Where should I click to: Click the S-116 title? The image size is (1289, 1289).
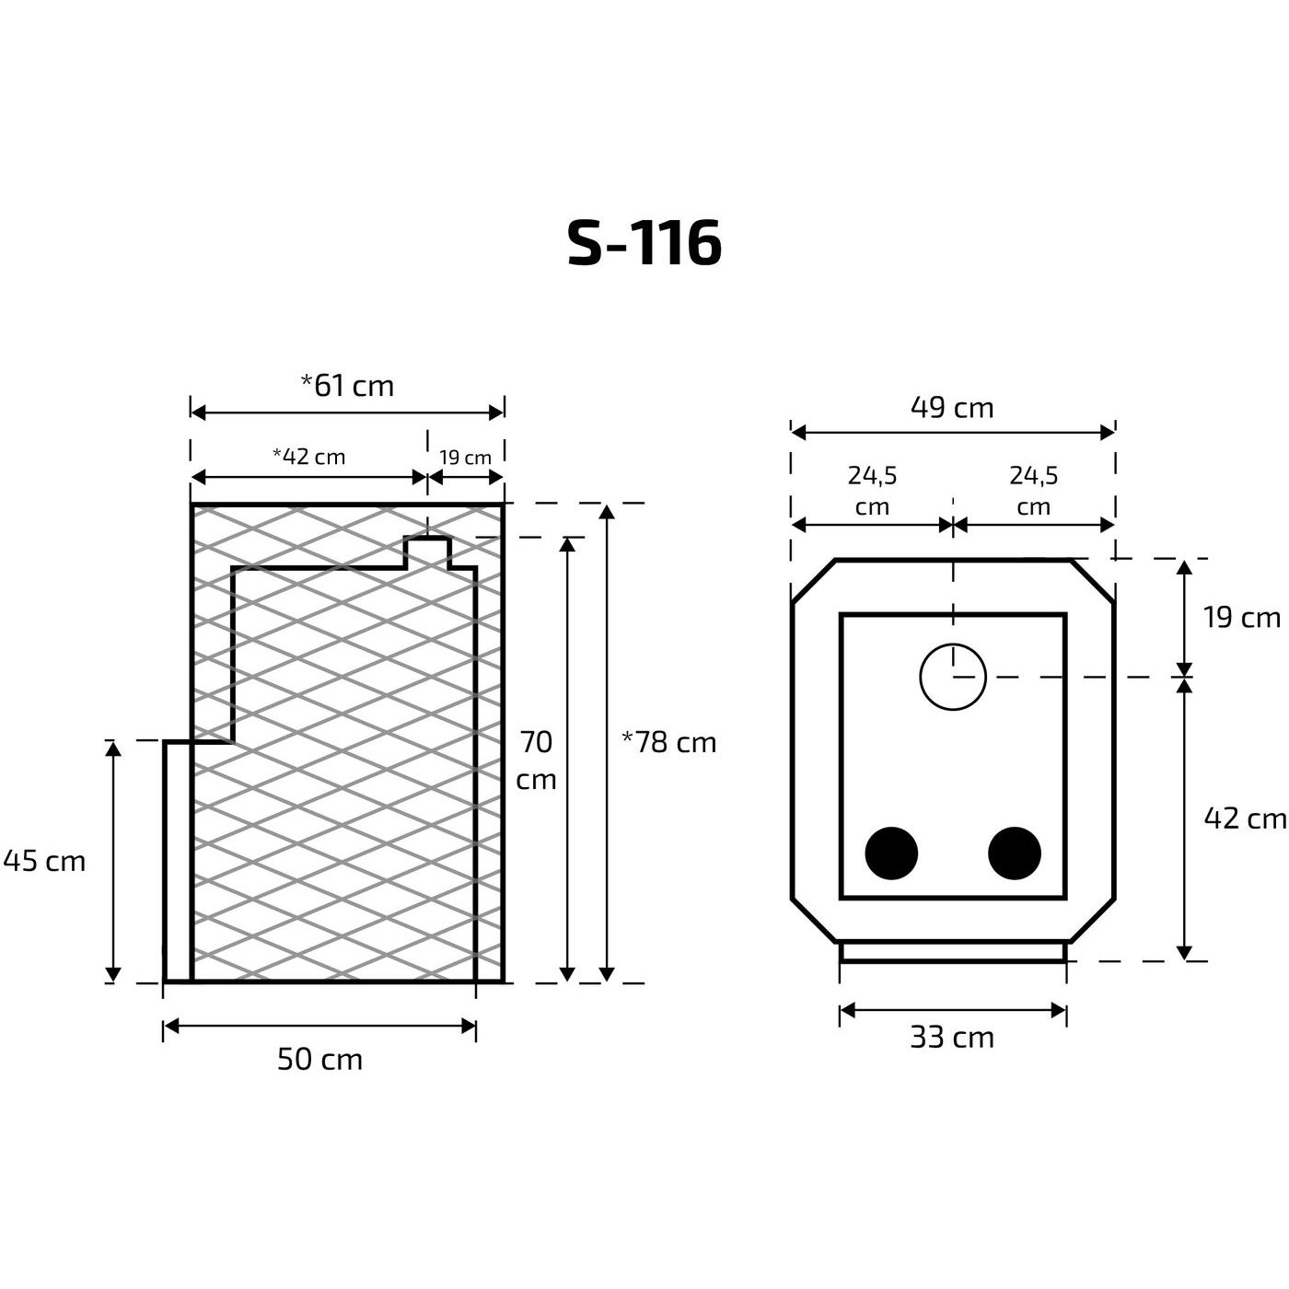(x=644, y=243)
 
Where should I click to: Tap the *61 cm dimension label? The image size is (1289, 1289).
(x=347, y=385)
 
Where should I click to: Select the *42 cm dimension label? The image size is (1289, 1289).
(x=309, y=457)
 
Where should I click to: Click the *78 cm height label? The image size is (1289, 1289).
(x=669, y=742)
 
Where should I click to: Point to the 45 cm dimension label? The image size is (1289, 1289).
(x=45, y=861)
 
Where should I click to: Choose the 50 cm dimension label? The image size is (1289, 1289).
(x=319, y=1060)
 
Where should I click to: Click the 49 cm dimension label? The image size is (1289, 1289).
(x=952, y=407)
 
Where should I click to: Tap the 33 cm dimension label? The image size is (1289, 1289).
(x=952, y=1038)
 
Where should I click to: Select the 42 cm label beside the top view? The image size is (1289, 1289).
(x=1245, y=818)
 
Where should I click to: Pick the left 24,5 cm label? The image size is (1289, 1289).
(x=872, y=491)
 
